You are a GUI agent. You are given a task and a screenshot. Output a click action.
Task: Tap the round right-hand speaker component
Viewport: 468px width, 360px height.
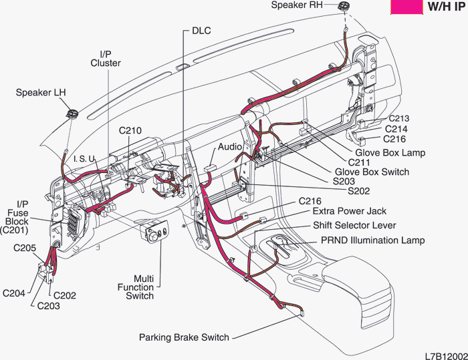click(344, 6)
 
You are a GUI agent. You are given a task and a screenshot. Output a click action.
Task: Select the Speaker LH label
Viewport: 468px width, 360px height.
click(41, 93)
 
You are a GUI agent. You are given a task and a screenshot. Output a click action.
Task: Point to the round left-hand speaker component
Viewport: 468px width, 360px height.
click(71, 112)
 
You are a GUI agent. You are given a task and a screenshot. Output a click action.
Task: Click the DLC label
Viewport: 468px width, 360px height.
click(201, 31)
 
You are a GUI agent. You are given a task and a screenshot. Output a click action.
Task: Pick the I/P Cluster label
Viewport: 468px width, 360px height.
click(106, 58)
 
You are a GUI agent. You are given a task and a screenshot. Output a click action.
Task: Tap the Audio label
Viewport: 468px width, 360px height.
click(230, 146)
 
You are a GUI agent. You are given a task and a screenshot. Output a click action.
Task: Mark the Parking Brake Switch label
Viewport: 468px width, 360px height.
click(184, 337)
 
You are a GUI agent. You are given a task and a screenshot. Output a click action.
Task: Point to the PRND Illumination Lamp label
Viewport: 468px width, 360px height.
click(372, 240)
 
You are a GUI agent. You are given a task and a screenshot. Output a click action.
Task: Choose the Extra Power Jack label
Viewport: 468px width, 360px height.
click(350, 212)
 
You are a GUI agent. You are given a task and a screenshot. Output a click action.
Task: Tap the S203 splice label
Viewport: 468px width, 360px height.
click(344, 181)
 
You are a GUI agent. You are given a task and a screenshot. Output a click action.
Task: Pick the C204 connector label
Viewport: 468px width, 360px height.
click(15, 291)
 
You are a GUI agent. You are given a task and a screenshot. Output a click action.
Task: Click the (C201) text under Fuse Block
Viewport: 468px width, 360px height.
click(13, 230)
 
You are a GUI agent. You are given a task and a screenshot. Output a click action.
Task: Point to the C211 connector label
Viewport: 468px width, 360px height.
click(360, 162)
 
